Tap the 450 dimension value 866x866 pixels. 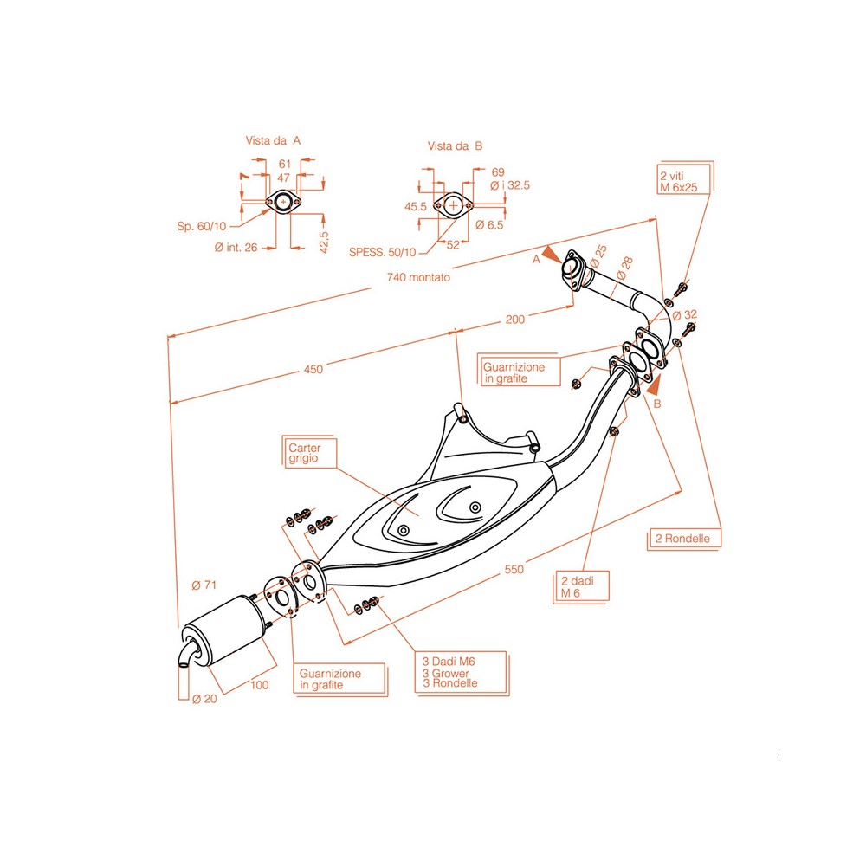pyautogui.click(x=313, y=369)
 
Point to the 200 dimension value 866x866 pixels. pyautogui.click(x=514, y=320)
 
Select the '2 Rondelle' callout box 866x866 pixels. pyautogui.click(x=683, y=538)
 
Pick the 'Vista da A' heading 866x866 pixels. pyautogui.click(x=274, y=139)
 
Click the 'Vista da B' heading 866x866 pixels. pyautogui.click(x=454, y=146)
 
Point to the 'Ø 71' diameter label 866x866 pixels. pyautogui.click(x=204, y=586)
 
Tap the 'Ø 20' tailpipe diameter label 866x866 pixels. pyautogui.click(x=204, y=699)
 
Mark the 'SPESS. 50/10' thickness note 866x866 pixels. pyautogui.click(x=382, y=252)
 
